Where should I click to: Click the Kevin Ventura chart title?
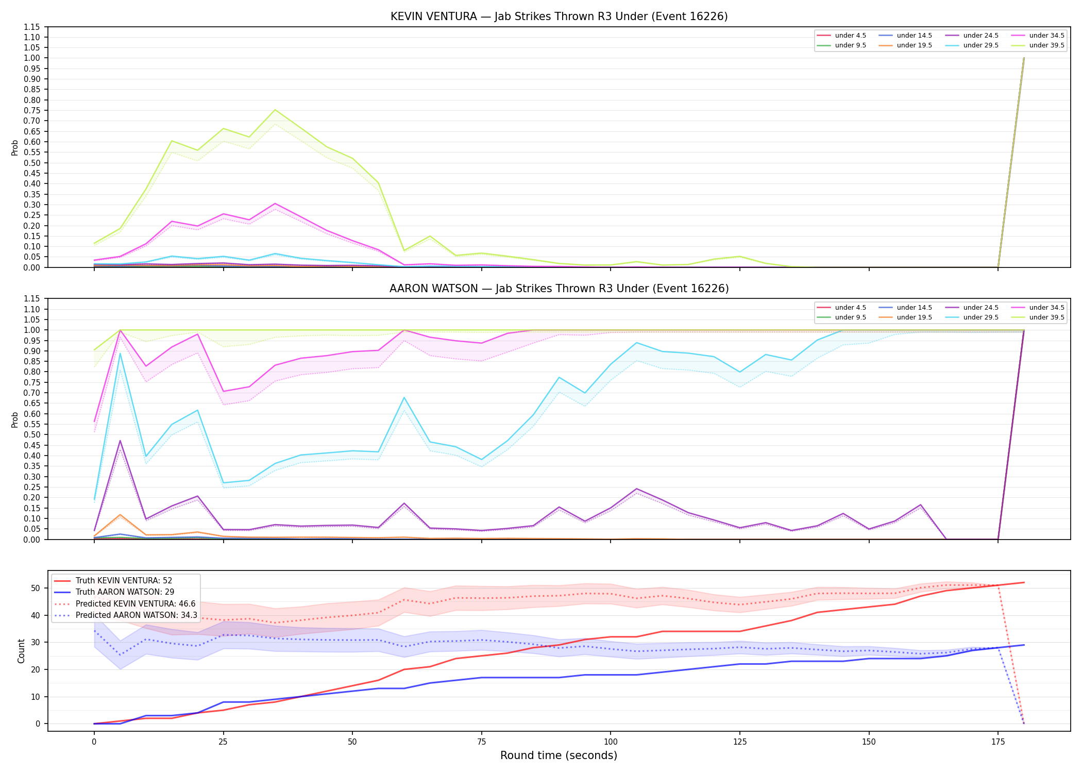pos(559,16)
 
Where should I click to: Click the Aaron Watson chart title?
pos(559,289)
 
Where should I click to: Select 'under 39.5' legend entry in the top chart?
pos(1038,45)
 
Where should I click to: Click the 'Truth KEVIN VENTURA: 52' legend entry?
pos(113,581)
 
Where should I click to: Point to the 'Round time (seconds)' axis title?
pos(559,755)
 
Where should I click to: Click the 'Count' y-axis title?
pos(21,651)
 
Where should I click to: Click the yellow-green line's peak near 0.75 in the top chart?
pos(275,110)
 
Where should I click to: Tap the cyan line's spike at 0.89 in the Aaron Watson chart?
pos(120,353)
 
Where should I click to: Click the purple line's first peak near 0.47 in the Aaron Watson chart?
pos(120,441)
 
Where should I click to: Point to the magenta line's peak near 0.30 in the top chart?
pos(275,204)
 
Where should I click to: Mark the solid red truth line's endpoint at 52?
pos(1024,582)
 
